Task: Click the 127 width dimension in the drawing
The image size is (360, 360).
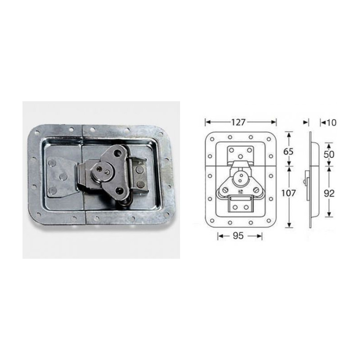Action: point(240,122)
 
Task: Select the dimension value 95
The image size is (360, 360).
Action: point(240,237)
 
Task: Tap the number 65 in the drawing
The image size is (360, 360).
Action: point(288,151)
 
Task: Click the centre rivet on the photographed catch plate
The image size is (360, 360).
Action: point(63,177)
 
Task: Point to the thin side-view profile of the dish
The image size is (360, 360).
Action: point(310,180)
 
